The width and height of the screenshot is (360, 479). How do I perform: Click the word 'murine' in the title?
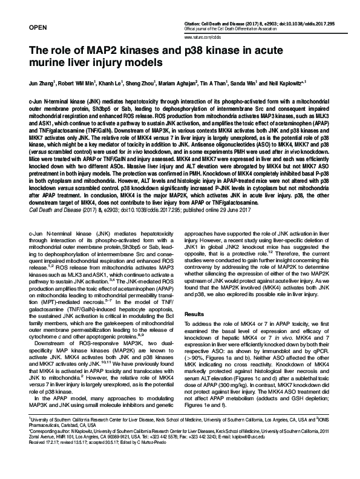click(x=51, y=62)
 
